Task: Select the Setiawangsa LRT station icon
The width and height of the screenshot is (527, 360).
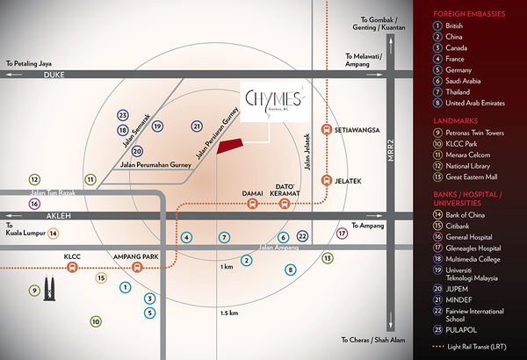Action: [327, 130]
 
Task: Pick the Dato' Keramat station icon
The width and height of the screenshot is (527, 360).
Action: [283, 204]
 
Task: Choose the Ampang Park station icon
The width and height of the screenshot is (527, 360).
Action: [136, 268]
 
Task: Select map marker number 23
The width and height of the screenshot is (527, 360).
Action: [123, 115]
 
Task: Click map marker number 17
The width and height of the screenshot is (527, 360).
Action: [343, 234]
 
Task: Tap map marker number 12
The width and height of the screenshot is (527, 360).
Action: [34, 178]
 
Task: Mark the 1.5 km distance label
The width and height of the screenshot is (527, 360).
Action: [229, 313]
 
